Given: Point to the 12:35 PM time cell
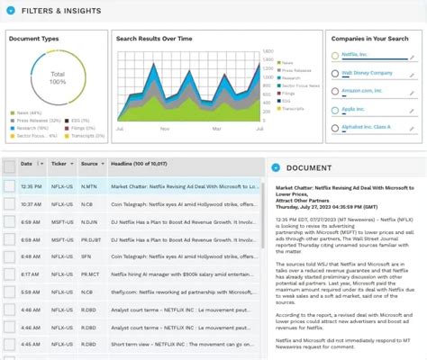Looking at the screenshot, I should (x=32, y=186).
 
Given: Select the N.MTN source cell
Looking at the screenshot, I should (x=89, y=186).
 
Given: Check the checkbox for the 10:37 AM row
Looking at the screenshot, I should (x=9, y=204).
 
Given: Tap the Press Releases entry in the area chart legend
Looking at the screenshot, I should (x=296, y=68).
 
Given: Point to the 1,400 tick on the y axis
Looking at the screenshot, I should (x=268, y=54).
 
